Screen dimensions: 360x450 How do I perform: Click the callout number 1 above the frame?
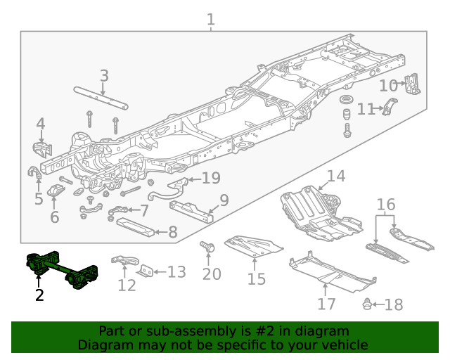coord(211,19)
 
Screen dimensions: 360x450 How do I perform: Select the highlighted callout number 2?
coord(39,295)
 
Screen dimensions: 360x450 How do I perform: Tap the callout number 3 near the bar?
coord(103,76)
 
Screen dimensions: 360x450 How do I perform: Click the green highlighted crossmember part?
coord(59,269)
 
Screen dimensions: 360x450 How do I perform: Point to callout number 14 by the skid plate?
coord(335,176)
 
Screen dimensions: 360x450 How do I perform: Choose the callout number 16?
coord(386,205)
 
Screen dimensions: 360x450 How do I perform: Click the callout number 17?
coord(326,304)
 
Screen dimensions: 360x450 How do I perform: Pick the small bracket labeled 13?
coord(147,271)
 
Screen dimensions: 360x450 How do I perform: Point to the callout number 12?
coord(127,285)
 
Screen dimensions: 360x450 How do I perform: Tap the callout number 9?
coord(224,201)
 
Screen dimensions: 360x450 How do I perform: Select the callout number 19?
coord(210,178)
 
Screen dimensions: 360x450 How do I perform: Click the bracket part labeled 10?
coord(413,84)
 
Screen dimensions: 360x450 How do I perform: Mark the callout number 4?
coord(40,124)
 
